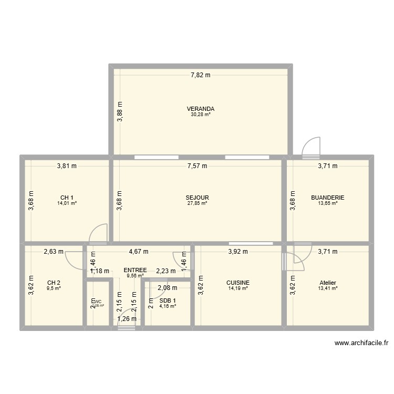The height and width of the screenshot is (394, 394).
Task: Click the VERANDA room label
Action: point(200,109)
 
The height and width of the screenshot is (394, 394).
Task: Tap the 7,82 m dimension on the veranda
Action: point(200,75)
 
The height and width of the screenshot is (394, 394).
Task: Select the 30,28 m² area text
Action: point(200,115)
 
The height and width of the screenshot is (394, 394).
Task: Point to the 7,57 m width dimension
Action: point(197,166)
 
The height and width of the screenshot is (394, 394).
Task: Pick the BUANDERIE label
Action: point(327,198)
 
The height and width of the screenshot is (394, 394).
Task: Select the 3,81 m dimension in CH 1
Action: point(67,166)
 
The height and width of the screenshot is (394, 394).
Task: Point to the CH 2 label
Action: point(54,282)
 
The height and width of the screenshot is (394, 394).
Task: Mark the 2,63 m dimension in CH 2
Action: point(54,252)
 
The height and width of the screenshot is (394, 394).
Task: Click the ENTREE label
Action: point(135,270)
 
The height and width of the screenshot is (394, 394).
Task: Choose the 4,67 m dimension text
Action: point(139,252)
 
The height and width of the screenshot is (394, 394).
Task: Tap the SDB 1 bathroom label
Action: point(168,300)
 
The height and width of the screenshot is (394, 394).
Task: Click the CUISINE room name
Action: point(239,282)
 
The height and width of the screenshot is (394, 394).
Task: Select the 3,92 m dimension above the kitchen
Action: point(237,252)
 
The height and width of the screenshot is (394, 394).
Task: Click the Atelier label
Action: point(327,282)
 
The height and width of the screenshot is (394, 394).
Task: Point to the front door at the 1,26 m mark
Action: point(126,325)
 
